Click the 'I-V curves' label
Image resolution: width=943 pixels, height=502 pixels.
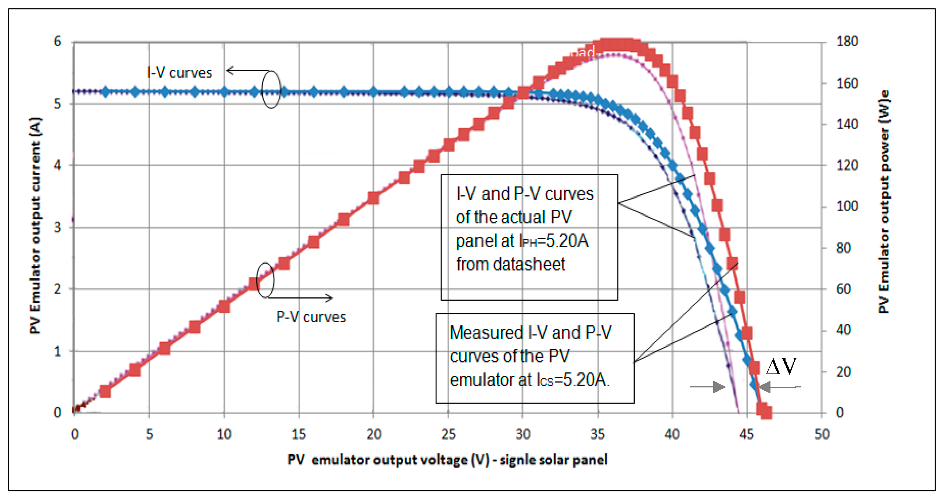tap(179, 72)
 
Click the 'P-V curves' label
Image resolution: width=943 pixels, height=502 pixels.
tap(311, 317)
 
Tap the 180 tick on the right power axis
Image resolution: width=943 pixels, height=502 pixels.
tap(847, 41)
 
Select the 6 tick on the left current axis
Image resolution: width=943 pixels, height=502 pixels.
tap(57, 41)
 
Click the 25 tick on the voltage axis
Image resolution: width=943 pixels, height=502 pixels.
tap(448, 434)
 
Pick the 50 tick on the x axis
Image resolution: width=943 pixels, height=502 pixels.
tap(822, 434)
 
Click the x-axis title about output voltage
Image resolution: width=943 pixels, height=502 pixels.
tap(447, 459)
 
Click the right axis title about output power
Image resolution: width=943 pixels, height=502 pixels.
tap(884, 201)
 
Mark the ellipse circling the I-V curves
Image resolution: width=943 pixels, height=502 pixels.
tap(271, 89)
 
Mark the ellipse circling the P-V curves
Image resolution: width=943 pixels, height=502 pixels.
tap(265, 280)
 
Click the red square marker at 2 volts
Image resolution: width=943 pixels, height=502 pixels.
tap(105, 391)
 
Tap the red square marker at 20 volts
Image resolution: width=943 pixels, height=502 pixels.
tap(374, 198)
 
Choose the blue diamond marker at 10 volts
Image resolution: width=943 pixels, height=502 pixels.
tap(225, 92)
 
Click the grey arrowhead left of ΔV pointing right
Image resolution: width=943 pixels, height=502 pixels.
tap(719, 387)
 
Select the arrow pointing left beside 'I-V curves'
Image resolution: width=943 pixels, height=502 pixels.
tap(231, 70)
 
